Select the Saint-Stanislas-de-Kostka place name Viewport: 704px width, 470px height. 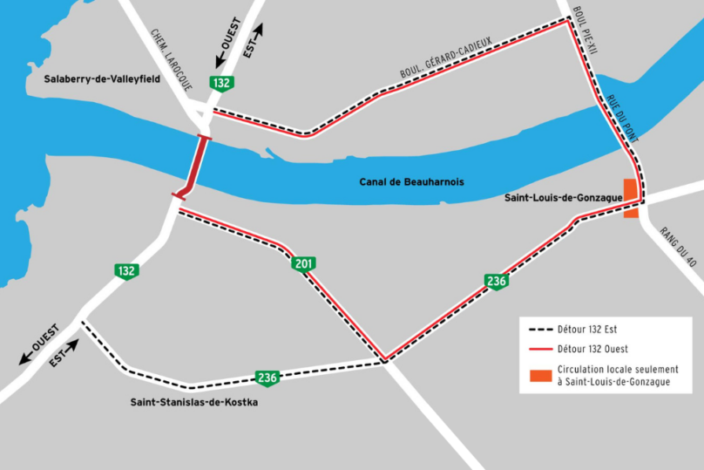(193, 402)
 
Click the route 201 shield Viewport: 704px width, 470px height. (302, 263)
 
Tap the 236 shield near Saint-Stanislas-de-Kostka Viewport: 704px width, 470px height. (267, 378)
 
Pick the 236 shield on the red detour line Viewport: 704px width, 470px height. (496, 281)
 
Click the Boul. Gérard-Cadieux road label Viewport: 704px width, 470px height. (446, 60)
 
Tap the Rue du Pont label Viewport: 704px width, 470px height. (623, 118)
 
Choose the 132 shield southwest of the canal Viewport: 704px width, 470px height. (126, 271)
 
